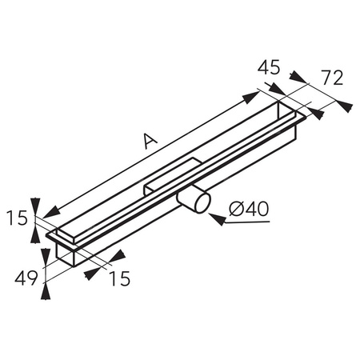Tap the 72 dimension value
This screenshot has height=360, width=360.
[330, 78]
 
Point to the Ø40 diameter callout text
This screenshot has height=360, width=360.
[248, 210]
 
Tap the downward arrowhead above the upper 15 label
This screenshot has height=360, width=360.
[35, 204]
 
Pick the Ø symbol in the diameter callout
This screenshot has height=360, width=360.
[234, 210]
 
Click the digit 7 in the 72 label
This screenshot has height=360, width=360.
[323, 78]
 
